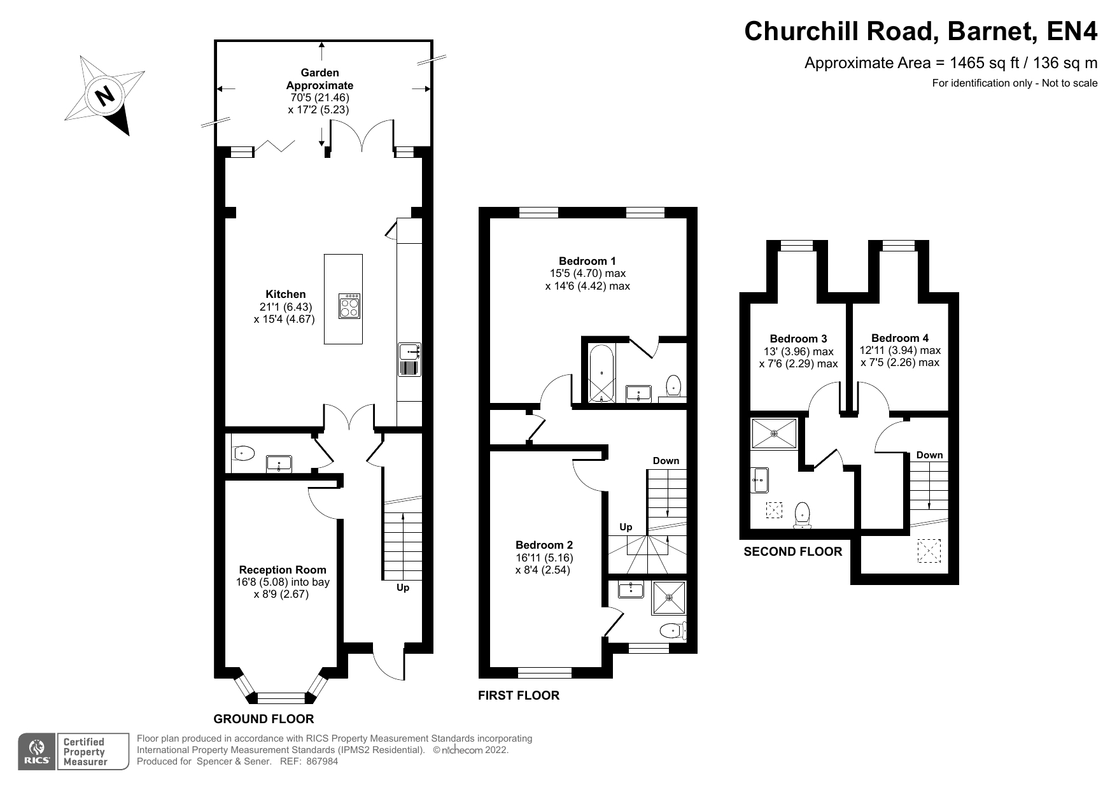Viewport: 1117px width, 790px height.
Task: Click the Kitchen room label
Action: click(x=285, y=294)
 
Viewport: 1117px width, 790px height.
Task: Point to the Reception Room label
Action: click(x=283, y=570)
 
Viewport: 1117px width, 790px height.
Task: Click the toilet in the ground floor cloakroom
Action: click(x=244, y=453)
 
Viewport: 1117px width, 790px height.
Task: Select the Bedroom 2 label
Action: click(x=544, y=545)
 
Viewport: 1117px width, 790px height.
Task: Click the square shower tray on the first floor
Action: click(x=668, y=598)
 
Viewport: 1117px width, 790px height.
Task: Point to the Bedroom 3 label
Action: click(x=798, y=339)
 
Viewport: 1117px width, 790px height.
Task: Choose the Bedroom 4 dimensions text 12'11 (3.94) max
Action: click(x=899, y=350)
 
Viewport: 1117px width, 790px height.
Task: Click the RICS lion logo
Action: click(x=36, y=752)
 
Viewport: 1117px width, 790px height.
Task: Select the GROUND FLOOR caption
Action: click(x=263, y=719)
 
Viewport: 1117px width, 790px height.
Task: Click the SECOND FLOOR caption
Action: click(x=792, y=551)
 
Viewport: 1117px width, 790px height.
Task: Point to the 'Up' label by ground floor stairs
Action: click(x=403, y=588)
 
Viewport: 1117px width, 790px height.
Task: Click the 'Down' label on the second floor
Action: click(x=929, y=455)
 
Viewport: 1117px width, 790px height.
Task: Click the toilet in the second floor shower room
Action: click(x=803, y=514)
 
